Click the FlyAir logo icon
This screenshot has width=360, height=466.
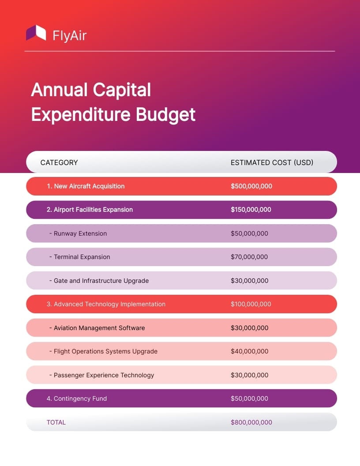pyautogui.click(x=36, y=33)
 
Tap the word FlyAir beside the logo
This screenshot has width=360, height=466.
pyautogui.click(x=69, y=35)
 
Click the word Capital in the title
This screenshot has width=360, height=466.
pyautogui.click(x=121, y=90)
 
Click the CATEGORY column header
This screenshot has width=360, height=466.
pyautogui.click(x=59, y=162)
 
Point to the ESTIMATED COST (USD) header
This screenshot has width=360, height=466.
pyautogui.click(x=272, y=162)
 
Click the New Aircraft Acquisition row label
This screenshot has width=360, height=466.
pyautogui.click(x=86, y=186)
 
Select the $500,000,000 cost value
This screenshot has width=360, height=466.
pyautogui.click(x=251, y=186)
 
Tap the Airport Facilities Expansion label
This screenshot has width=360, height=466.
pyautogui.click(x=90, y=210)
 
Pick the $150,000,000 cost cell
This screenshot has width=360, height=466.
pyautogui.click(x=251, y=210)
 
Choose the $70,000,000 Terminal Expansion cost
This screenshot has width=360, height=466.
pyautogui.click(x=249, y=257)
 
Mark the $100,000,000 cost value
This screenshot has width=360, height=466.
pyautogui.click(x=251, y=304)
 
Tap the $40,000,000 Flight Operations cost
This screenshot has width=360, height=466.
pyautogui.click(x=249, y=351)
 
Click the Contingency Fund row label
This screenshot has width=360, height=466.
pyautogui.click(x=77, y=398)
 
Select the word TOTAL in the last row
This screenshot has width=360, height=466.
pyautogui.click(x=56, y=422)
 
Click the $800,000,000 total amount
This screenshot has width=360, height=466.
pyautogui.click(x=251, y=422)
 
